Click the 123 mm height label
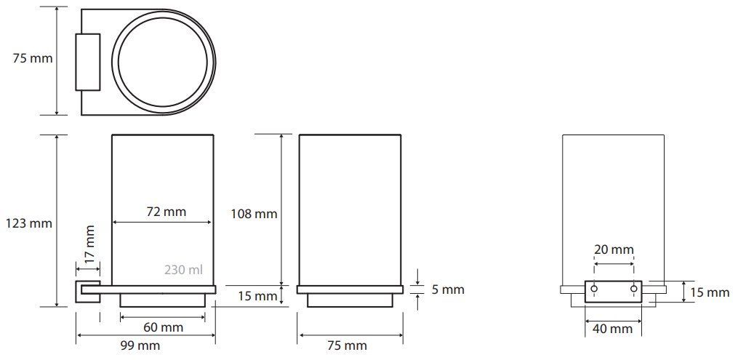29,223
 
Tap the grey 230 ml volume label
184,270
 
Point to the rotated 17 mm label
89,242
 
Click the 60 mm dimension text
163,327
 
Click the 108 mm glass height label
254,215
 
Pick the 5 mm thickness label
448,289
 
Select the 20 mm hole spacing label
614,249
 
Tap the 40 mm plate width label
613,329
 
